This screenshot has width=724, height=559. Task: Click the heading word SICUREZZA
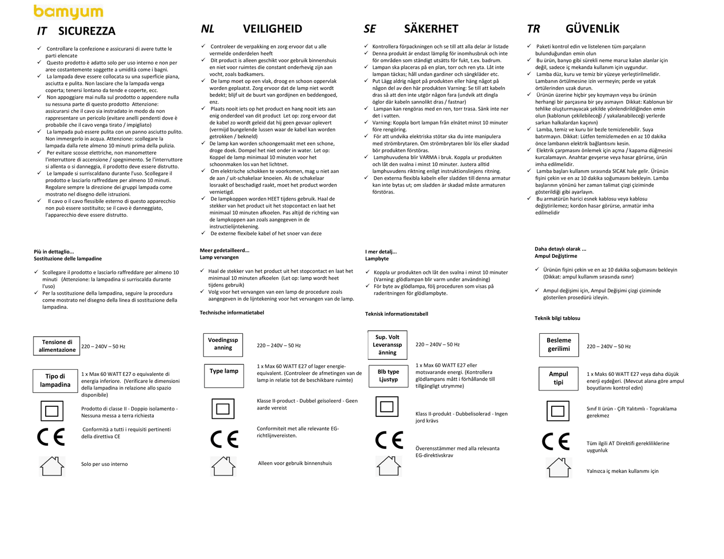point(87,31)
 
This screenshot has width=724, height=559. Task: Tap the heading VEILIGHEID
point(273,29)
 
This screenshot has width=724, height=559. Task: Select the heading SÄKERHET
point(431,29)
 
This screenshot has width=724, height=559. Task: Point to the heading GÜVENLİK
point(592,29)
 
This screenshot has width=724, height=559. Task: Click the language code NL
point(207,29)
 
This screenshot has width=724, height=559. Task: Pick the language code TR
point(533,29)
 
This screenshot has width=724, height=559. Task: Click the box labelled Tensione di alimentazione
point(57,346)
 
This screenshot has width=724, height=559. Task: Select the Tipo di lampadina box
point(55,380)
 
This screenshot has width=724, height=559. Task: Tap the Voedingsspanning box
point(223,344)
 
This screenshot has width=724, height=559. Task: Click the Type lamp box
point(224,375)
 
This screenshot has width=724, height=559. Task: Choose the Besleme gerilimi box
point(559,344)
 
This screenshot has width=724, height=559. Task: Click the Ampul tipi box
point(558,378)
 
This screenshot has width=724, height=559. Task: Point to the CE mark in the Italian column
point(51,437)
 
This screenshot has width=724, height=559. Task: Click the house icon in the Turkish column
point(559,467)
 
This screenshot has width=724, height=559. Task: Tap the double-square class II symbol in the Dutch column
point(223,409)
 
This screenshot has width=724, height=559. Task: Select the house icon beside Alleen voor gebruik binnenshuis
point(223,466)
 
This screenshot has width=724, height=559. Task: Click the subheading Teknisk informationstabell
point(396,314)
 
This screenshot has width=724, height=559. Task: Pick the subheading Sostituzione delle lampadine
point(68,259)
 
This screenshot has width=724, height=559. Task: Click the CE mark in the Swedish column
point(389,440)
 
